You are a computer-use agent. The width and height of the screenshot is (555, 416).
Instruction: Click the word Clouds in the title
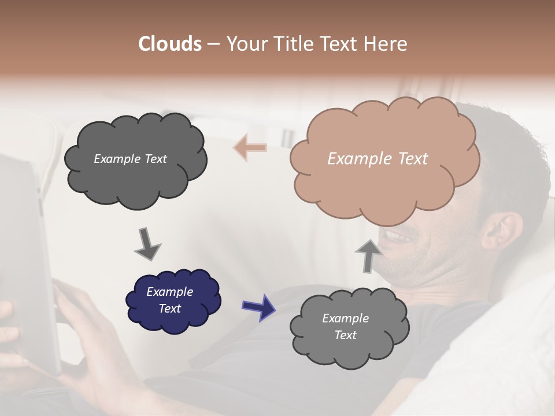point(169,44)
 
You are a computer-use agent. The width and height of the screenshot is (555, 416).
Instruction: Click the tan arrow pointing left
point(250,147)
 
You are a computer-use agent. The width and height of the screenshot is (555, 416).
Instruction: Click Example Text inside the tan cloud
point(378,158)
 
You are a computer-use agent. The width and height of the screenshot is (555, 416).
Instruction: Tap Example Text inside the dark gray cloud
point(130,158)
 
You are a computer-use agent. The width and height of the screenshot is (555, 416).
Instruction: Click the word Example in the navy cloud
point(169,292)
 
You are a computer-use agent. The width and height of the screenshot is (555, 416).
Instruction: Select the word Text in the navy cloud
point(169,309)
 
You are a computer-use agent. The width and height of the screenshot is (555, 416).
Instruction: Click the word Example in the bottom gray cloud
point(345,318)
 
